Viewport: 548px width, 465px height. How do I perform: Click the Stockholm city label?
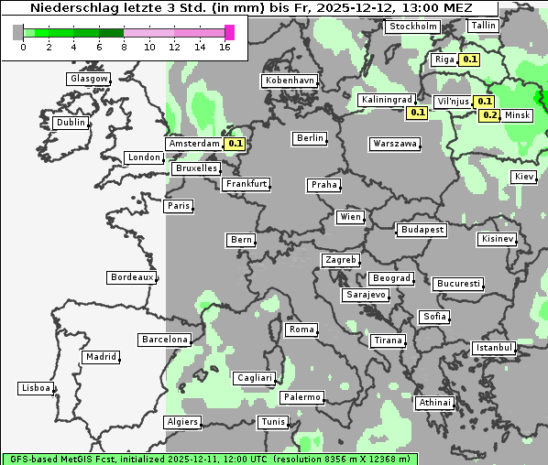point(412,27)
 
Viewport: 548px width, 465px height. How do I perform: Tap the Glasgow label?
point(89,79)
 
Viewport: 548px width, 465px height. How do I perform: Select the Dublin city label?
point(71,123)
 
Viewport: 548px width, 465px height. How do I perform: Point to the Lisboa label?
point(35,388)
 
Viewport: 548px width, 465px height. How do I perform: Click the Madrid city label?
point(100,357)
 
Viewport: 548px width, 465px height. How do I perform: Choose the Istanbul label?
point(494,348)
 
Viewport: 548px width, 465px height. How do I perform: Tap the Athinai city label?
point(434,403)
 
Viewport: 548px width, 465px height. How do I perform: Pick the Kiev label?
point(524,176)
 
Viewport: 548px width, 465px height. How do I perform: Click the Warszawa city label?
point(395,144)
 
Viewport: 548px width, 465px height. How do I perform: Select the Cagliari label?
point(254,377)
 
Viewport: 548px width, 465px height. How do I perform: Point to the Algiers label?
point(182,422)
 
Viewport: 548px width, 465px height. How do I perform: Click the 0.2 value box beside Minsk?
point(490,115)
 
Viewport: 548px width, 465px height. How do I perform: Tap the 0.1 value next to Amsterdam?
point(236,144)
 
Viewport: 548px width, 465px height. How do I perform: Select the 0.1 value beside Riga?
point(470,59)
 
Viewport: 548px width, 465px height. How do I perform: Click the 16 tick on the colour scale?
point(225,47)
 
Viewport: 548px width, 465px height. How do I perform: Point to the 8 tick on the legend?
point(124,47)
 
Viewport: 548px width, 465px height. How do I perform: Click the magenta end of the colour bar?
point(230,32)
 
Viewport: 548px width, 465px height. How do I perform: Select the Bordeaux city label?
point(132,277)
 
